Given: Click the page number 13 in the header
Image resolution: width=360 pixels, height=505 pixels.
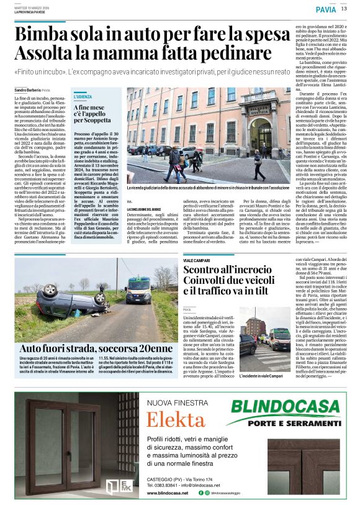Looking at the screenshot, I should click(x=344, y=9).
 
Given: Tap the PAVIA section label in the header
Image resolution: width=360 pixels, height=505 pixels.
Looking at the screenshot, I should click(x=325, y=9).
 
